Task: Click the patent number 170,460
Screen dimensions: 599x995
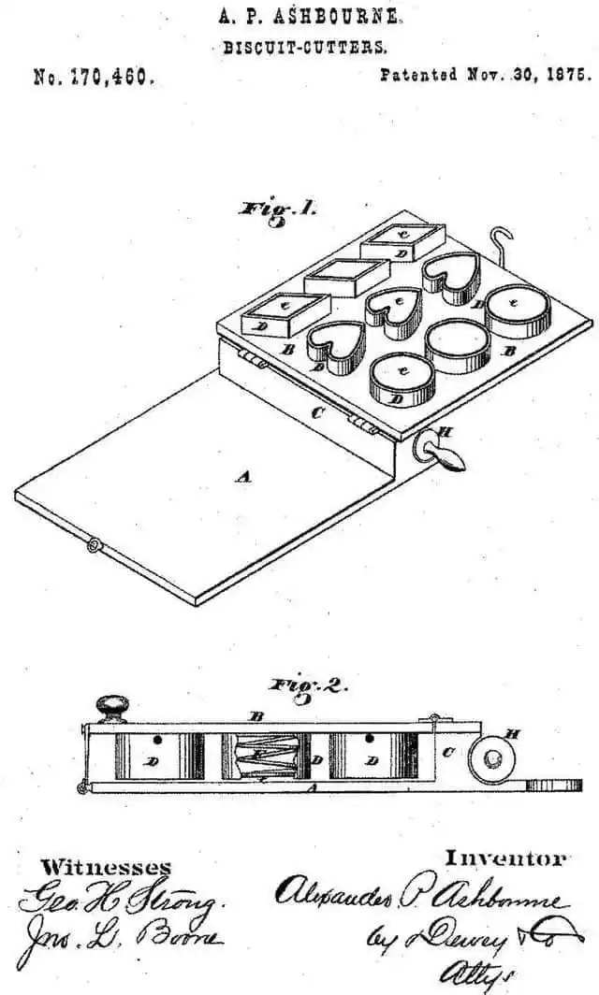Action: point(91,79)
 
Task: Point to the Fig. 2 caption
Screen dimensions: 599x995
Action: point(309,686)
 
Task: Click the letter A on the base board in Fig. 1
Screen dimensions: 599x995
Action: point(243,476)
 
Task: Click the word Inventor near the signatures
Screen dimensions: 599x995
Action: point(505,858)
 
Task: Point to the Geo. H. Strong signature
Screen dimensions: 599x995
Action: point(119,901)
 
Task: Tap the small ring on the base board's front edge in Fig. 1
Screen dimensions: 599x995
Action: point(93,544)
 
